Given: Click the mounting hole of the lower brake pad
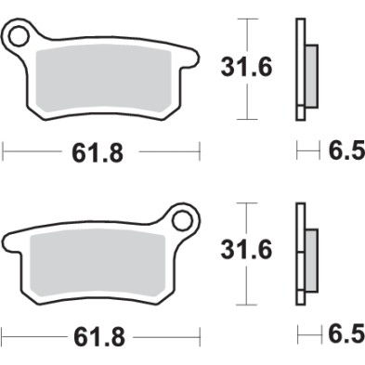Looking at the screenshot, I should pyautogui.click(x=182, y=221).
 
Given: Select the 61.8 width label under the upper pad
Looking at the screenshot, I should pyautogui.click(x=98, y=150).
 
